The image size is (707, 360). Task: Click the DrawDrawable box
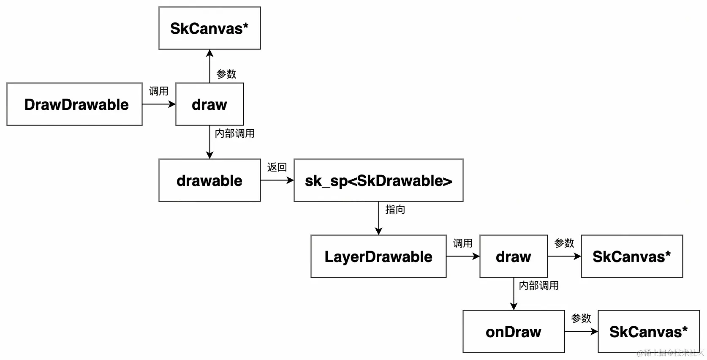(x=74, y=104)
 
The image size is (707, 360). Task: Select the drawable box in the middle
(x=209, y=180)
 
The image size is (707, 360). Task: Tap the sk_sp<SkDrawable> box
(x=378, y=180)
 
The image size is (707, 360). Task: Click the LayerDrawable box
(x=378, y=256)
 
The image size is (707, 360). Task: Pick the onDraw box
(x=514, y=332)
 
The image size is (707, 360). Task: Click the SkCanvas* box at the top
(x=209, y=28)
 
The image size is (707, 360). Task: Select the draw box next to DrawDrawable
(x=209, y=104)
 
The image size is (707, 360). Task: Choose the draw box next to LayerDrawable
(x=514, y=256)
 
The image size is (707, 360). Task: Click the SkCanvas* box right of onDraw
(x=649, y=332)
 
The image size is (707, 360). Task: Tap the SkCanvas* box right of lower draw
(x=632, y=256)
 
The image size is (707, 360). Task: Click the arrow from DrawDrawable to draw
(x=159, y=104)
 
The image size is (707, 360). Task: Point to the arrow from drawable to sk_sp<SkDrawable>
(x=277, y=180)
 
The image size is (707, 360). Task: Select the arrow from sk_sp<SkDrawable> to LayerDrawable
(x=378, y=218)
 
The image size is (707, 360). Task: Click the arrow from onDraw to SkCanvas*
(x=581, y=332)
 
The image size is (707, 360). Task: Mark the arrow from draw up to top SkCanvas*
(x=209, y=66)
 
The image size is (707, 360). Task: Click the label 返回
(x=277, y=167)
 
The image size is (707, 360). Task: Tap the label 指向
(x=395, y=210)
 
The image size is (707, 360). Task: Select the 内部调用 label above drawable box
(x=234, y=134)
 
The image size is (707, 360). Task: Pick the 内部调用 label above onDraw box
(x=538, y=286)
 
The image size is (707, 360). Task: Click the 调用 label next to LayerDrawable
(x=462, y=243)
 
